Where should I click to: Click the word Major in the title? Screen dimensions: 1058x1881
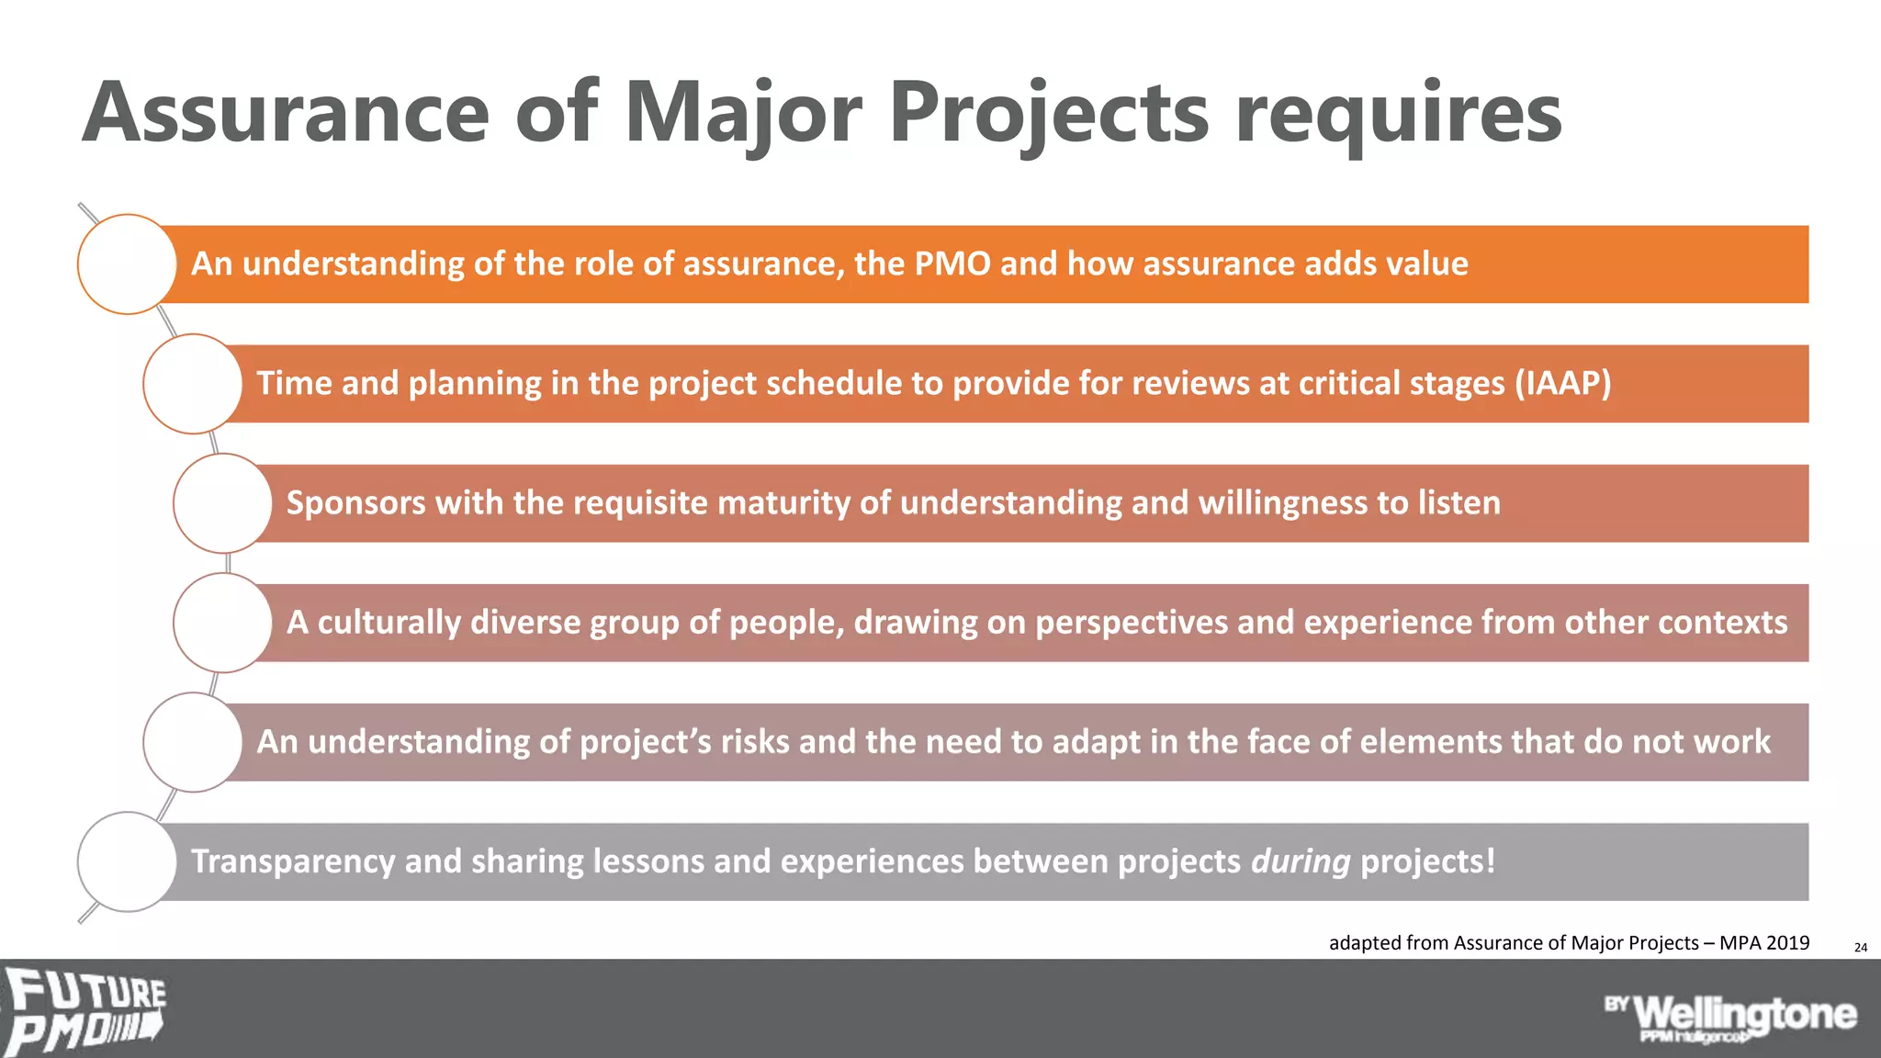[742, 114]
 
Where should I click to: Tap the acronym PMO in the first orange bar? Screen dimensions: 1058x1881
[952, 264]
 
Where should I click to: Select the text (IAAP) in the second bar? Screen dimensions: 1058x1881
[1562, 384]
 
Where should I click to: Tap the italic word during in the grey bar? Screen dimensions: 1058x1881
[1301, 861]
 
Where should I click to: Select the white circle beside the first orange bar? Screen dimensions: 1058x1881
[127, 264]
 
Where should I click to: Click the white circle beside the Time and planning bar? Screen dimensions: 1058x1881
[193, 384]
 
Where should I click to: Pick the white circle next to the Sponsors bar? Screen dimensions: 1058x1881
[223, 503]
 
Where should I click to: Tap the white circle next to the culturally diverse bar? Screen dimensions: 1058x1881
[223, 623]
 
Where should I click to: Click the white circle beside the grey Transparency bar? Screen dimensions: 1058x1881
[127, 861]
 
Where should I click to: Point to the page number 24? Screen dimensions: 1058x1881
[1860, 947]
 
